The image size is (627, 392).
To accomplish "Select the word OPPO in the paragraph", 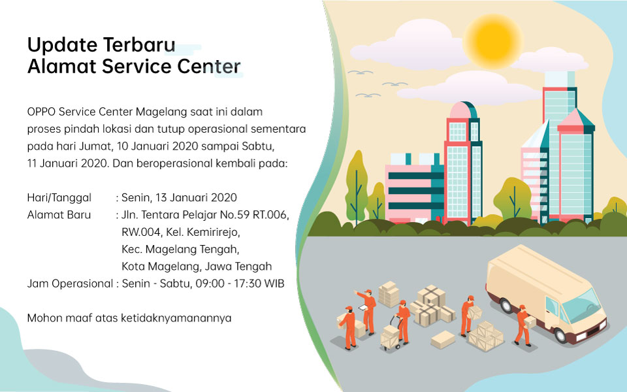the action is pos(42,112).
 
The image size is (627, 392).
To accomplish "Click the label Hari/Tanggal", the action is pos(59,197).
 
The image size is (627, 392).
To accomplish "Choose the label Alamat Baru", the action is pos(59,215).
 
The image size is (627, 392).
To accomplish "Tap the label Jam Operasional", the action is pos(70,284).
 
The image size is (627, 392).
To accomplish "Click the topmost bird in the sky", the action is pos(360,73).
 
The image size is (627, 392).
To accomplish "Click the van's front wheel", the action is pos(560,335).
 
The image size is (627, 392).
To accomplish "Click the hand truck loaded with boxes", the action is pos(391,333).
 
